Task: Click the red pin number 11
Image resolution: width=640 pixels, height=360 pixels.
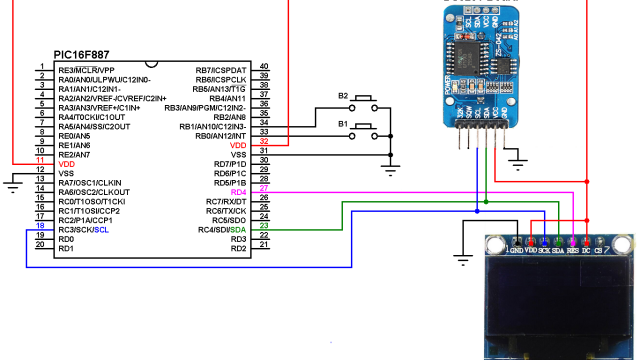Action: (x=41, y=163)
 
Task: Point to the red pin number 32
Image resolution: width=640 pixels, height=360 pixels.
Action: (x=264, y=145)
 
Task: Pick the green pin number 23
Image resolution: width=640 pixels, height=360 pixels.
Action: (x=264, y=229)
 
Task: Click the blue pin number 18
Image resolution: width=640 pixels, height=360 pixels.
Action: (x=41, y=229)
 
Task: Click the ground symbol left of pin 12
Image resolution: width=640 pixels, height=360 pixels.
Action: (x=11, y=181)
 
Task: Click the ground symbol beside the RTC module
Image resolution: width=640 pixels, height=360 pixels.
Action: (x=518, y=162)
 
